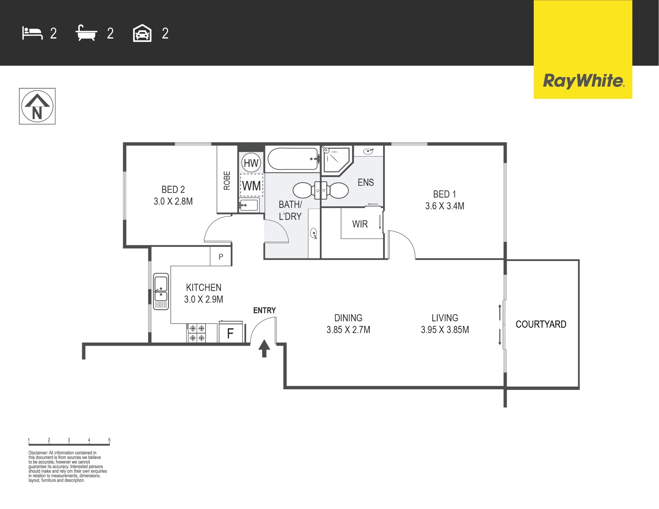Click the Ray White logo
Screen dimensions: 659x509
click(x=583, y=81)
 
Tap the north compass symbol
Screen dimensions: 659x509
click(x=37, y=106)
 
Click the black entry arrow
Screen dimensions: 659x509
click(x=264, y=348)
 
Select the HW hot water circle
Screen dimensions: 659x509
click(x=251, y=163)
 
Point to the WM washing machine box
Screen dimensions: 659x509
click(x=252, y=185)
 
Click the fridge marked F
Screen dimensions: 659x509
click(x=231, y=332)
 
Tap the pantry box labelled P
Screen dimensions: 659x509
click(x=221, y=256)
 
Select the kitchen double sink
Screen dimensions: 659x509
click(x=161, y=291)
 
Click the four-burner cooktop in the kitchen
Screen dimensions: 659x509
click(x=197, y=333)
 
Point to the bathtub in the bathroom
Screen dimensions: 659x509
click(x=293, y=159)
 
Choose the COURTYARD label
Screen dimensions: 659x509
click(x=541, y=324)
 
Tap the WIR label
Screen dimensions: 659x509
click(x=360, y=224)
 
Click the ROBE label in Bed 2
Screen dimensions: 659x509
click(x=227, y=181)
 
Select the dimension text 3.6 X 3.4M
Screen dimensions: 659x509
click(x=444, y=206)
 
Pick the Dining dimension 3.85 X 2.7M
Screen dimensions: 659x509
click(x=348, y=329)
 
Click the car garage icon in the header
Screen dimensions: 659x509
click(x=142, y=33)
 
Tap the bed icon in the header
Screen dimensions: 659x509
click(x=32, y=33)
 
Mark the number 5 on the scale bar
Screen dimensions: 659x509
click(x=109, y=440)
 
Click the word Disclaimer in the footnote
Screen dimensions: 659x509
click(x=38, y=453)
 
